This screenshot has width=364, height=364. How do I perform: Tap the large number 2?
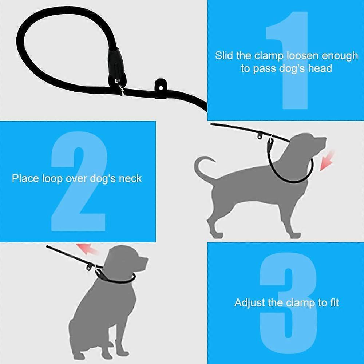click(x=79, y=181)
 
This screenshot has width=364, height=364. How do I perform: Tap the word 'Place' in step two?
click(x=25, y=178)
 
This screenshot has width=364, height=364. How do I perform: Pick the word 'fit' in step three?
click(x=334, y=303)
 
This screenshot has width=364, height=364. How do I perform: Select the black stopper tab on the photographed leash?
click(x=161, y=86)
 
